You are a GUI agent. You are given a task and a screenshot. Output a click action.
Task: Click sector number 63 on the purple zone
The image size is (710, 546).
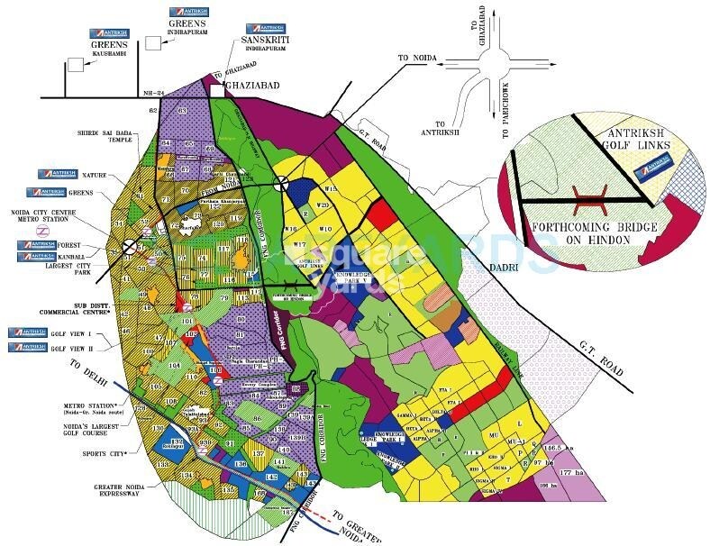(180, 110)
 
